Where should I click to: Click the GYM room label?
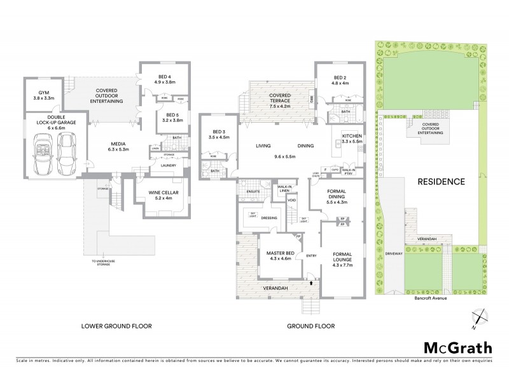point(44,91)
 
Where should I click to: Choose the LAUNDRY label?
point(168,166)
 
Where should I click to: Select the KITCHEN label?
point(352,137)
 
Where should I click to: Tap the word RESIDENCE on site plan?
point(441,181)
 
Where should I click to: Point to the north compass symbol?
point(478,317)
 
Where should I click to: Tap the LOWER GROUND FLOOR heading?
point(116,327)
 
